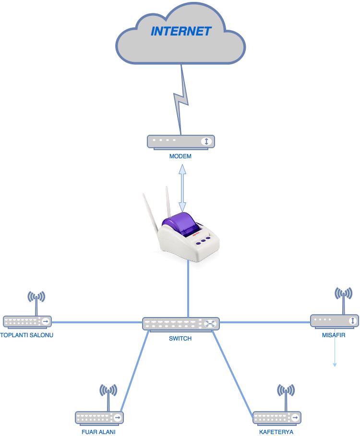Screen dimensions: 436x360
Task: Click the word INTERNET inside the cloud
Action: [x=181, y=32]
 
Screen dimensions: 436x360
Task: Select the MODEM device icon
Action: [x=180, y=141]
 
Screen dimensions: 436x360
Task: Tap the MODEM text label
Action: [x=180, y=156]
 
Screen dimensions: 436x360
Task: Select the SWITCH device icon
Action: [x=180, y=324]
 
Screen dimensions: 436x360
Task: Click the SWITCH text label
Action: [x=180, y=338]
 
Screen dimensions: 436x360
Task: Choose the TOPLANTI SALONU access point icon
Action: [x=27, y=321]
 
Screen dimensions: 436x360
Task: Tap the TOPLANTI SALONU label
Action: [x=27, y=335]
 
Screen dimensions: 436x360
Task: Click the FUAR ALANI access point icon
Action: [x=99, y=417]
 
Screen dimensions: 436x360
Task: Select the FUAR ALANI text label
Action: [x=98, y=432]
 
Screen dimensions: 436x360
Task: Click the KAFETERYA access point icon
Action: [x=276, y=417]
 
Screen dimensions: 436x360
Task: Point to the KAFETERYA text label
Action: [x=276, y=432]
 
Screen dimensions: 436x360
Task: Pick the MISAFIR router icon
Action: [x=334, y=320]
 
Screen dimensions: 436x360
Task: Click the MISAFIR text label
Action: [x=334, y=335]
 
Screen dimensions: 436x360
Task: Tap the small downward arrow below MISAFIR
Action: [x=335, y=355]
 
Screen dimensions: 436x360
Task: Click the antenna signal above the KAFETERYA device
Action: [x=286, y=391]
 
